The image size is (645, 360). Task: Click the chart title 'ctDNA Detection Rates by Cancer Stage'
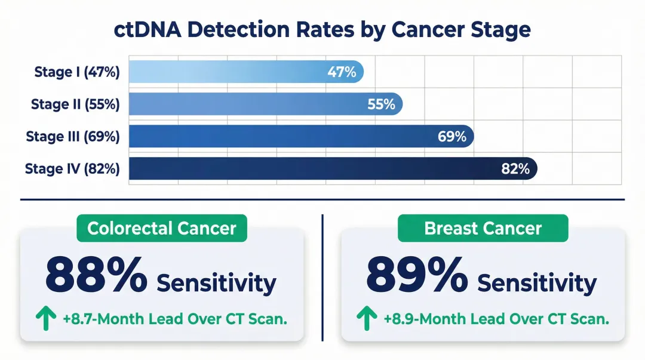click(322, 30)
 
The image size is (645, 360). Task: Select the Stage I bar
click(245, 72)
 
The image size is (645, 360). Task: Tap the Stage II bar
click(265, 104)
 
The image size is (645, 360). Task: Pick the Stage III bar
click(301, 136)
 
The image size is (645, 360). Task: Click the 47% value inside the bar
click(342, 73)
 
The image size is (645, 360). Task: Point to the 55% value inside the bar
click(381, 104)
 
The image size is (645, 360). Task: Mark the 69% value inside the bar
click(451, 136)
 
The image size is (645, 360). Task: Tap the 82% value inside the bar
click(515, 169)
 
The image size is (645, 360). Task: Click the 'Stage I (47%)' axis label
click(77, 73)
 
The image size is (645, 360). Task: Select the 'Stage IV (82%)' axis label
click(72, 169)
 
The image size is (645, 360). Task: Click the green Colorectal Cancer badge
click(162, 228)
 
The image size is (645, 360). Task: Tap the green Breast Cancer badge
click(483, 228)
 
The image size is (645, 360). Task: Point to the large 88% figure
click(96, 275)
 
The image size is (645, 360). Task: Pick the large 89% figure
click(417, 275)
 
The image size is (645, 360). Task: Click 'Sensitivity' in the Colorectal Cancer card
click(216, 283)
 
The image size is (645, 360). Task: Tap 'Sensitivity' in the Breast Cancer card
click(537, 283)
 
